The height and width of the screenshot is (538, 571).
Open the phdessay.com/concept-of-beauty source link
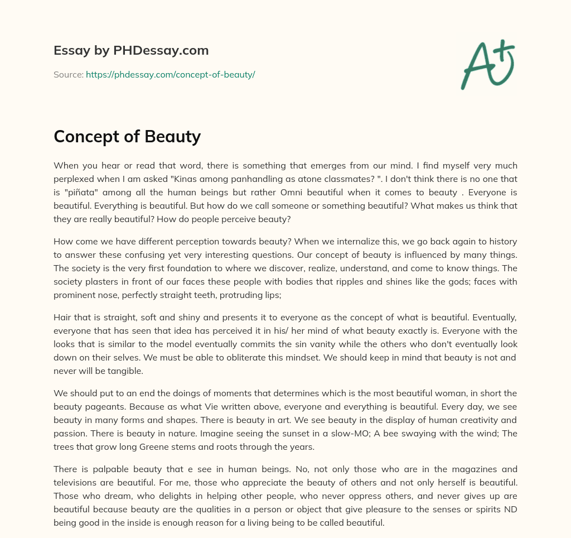170,74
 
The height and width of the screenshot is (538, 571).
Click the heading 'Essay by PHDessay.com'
131,50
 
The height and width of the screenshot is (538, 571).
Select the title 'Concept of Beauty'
127,137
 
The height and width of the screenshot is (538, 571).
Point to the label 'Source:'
69,74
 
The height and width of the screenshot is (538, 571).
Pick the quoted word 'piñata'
82,193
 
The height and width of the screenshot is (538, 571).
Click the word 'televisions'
79,483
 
